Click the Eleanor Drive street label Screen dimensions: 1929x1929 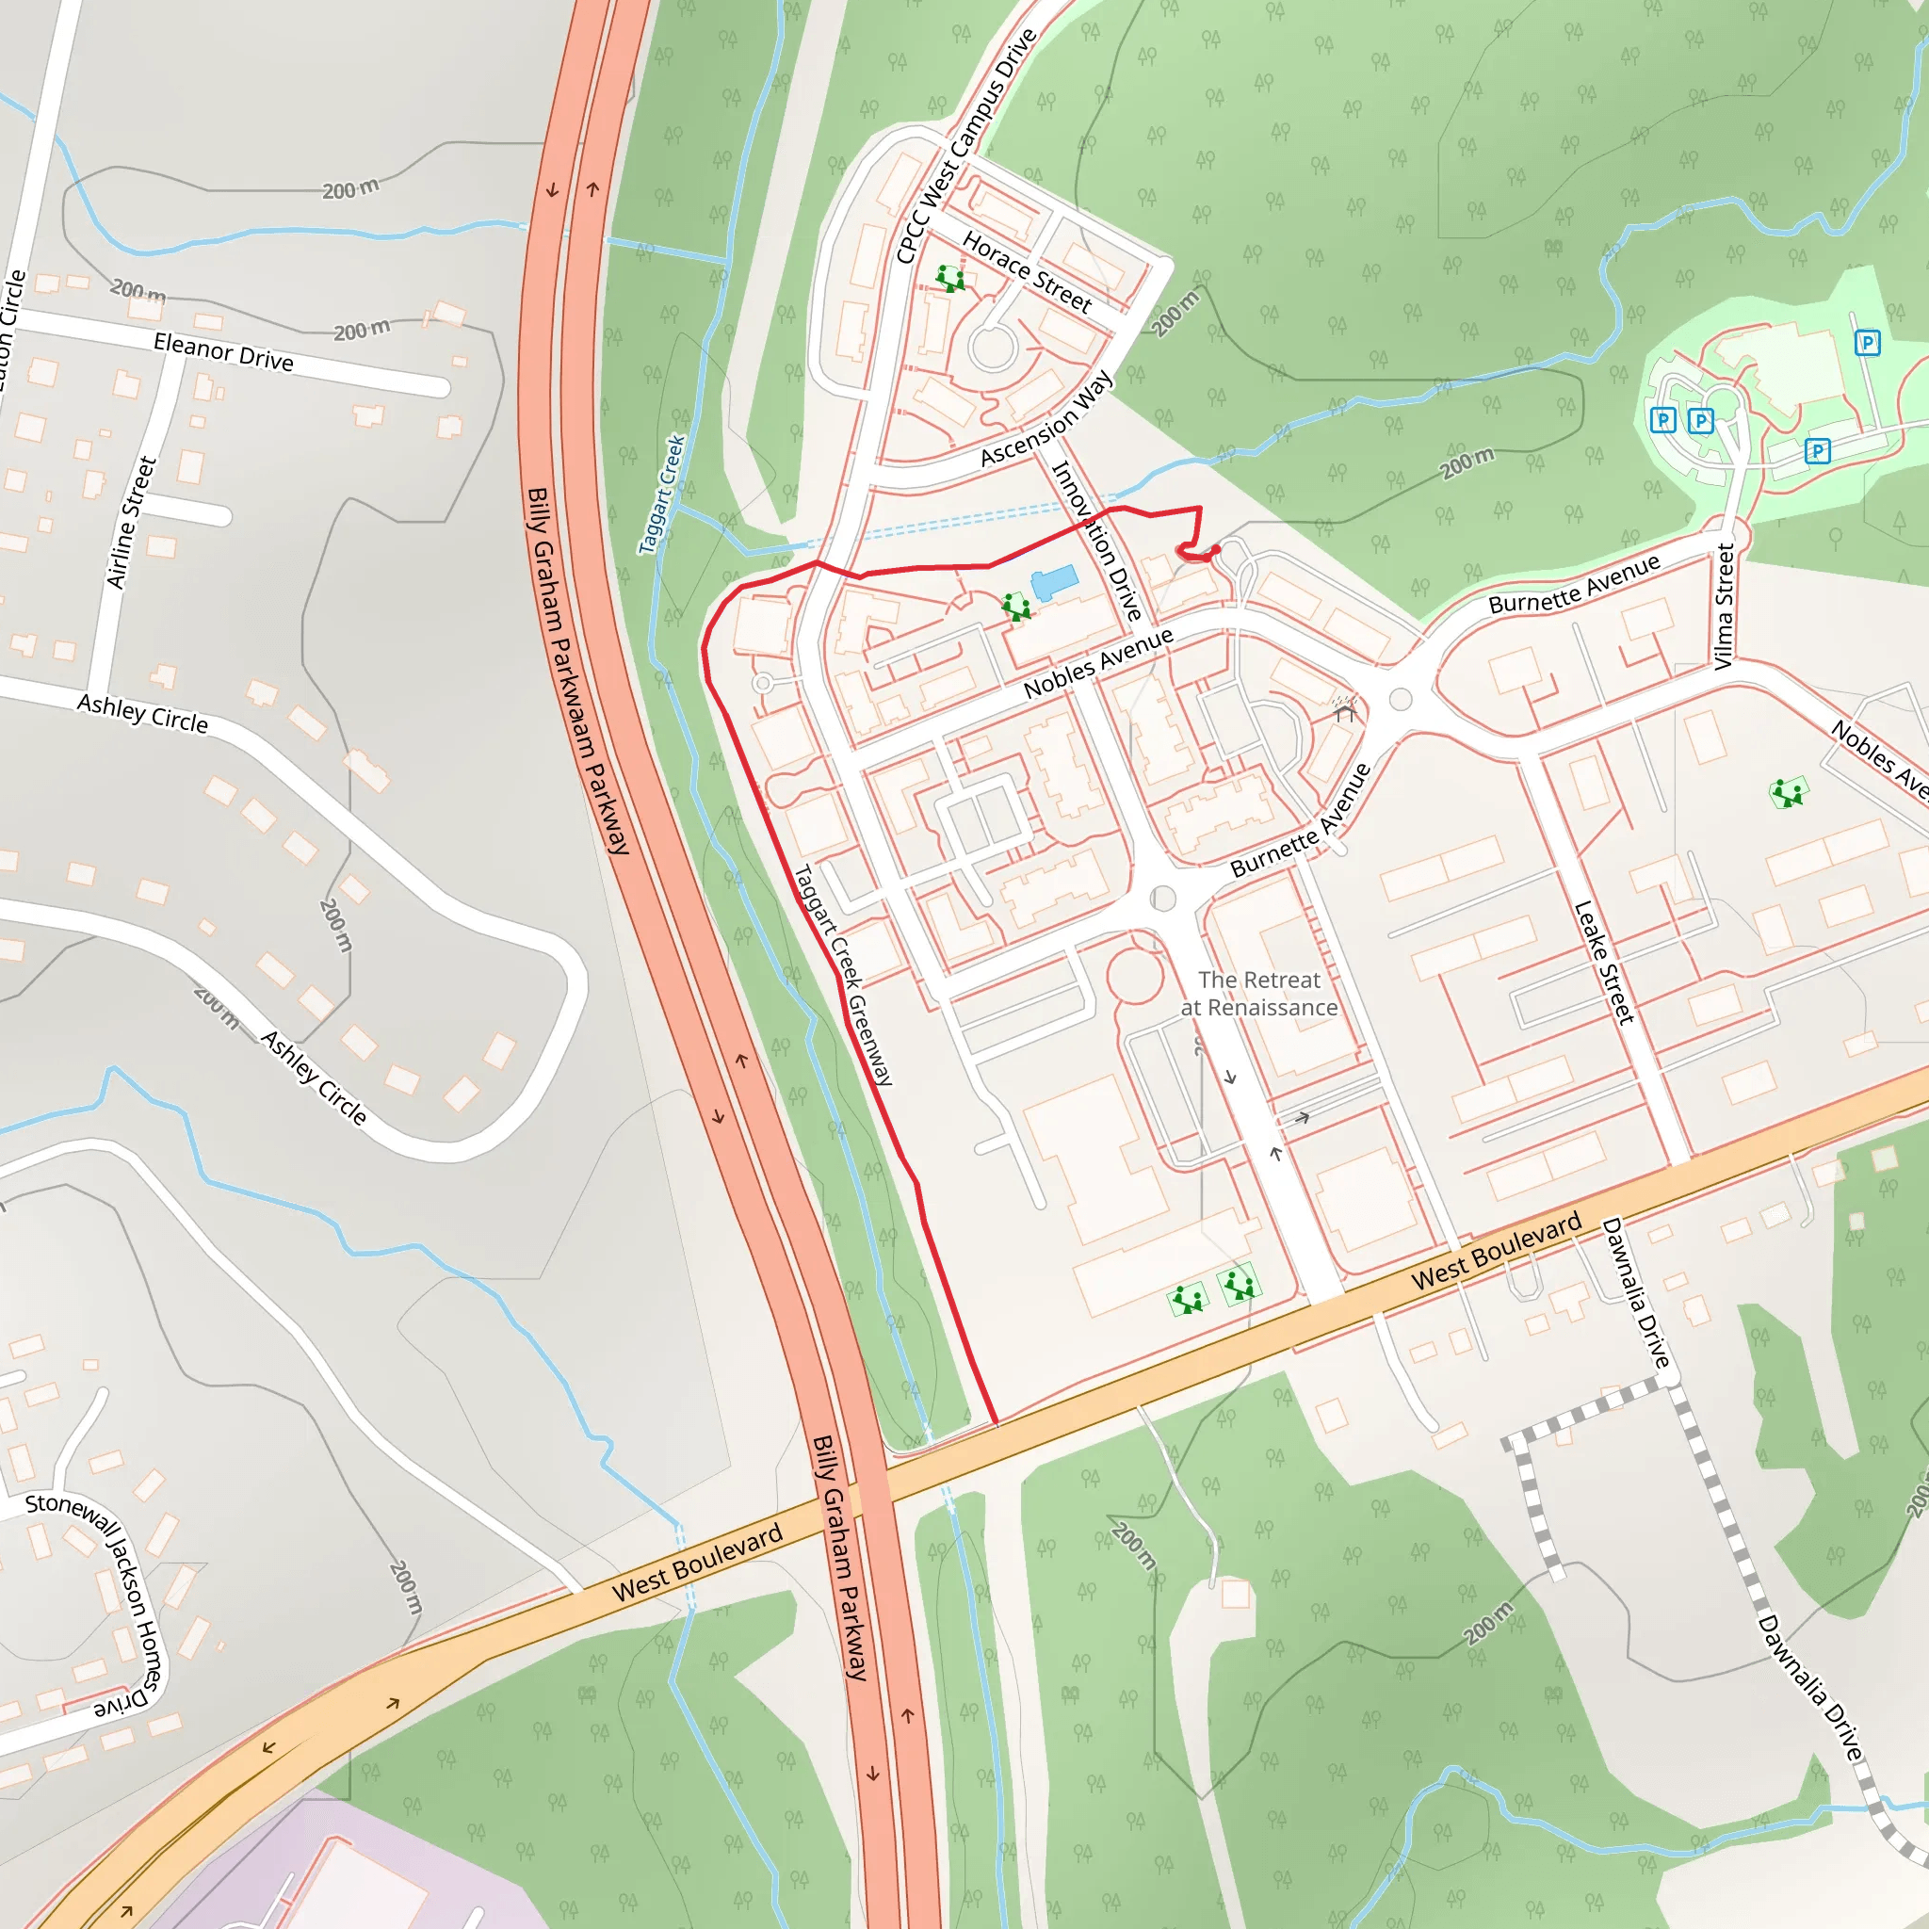click(223, 353)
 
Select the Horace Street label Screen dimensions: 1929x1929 click(1028, 271)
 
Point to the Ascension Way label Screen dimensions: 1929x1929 click(1046, 418)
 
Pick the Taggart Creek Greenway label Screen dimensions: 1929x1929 click(843, 975)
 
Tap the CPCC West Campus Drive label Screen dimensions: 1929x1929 click(965, 147)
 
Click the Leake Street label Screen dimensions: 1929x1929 click(1604, 963)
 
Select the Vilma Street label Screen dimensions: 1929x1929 click(1724, 606)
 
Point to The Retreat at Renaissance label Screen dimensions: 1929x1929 click(1259, 994)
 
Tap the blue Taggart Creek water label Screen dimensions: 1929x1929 click(662, 494)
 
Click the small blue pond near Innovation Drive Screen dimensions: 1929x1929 click(1054, 581)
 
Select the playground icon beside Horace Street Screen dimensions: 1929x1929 click(950, 278)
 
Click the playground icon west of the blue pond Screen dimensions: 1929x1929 click(1016, 606)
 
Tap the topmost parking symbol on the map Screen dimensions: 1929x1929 click(1867, 344)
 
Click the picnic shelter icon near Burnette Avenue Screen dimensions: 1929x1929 click(1345, 709)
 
